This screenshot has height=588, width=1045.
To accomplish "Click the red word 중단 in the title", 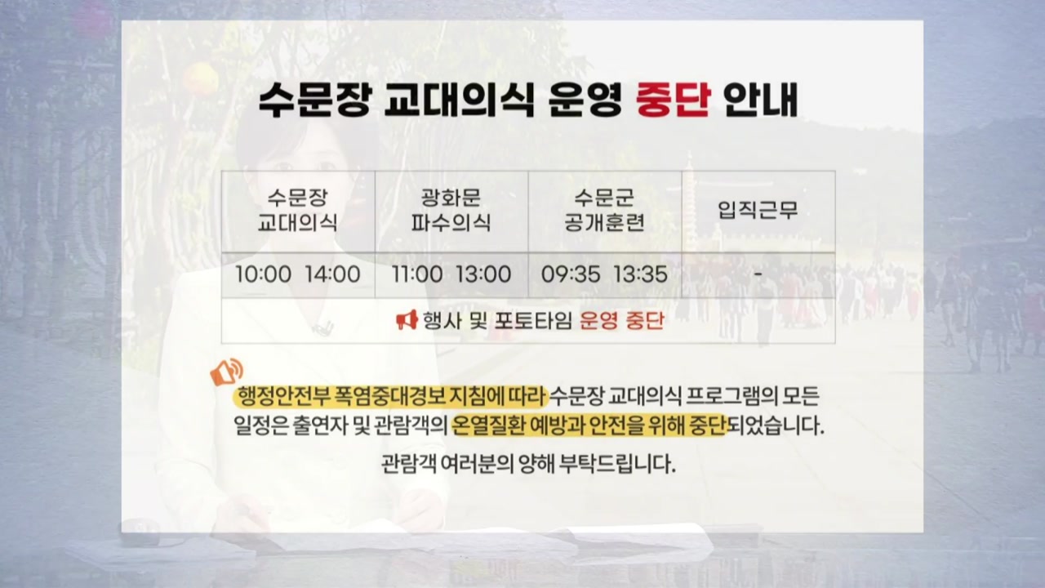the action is click(x=674, y=100).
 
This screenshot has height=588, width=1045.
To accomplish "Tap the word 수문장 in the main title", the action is click(x=314, y=100).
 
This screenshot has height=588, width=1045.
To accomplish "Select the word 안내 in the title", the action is click(x=760, y=100).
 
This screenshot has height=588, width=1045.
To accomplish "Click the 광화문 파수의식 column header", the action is click(x=451, y=211).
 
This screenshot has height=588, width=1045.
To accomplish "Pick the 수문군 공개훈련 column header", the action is click(x=604, y=211).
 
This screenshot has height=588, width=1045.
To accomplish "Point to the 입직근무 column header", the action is click(x=758, y=210).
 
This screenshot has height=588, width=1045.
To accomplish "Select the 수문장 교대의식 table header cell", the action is click(x=298, y=211).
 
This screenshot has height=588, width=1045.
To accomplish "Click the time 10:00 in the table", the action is click(x=263, y=274).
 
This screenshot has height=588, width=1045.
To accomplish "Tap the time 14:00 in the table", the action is click(x=332, y=274).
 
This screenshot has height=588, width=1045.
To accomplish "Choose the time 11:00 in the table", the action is click(x=417, y=274).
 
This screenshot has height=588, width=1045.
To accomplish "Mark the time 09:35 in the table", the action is click(x=571, y=274).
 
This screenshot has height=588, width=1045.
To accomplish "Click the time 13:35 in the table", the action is click(x=640, y=274).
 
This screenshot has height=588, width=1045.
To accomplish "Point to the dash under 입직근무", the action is click(x=758, y=274).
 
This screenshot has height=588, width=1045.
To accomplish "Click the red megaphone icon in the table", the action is click(x=407, y=320).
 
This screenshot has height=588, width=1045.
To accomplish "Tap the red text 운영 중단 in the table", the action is click(x=621, y=321).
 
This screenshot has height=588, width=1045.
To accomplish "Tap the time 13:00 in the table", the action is click(x=483, y=274).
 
